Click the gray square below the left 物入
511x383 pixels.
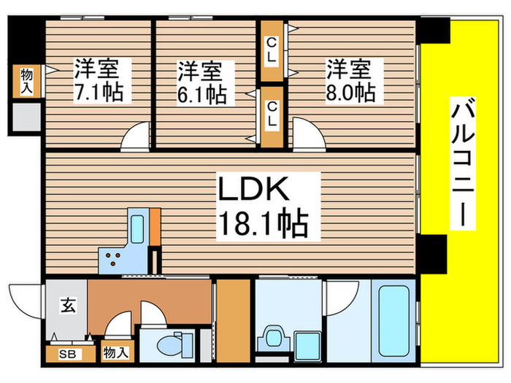tap(26, 117)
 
